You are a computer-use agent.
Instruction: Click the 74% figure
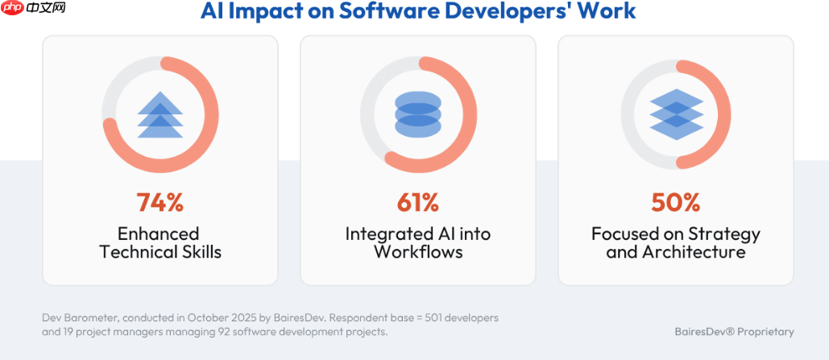pos(160,202)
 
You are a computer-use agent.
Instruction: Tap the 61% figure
pos(418,202)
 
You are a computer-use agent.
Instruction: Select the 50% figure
pos(675,202)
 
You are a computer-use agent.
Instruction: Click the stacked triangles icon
pos(160,115)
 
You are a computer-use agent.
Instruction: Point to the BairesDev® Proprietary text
pos(734,332)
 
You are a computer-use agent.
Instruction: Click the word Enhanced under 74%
pos(159,234)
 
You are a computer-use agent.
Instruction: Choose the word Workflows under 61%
pos(418,252)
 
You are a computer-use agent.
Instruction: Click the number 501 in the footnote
pos(426,318)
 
